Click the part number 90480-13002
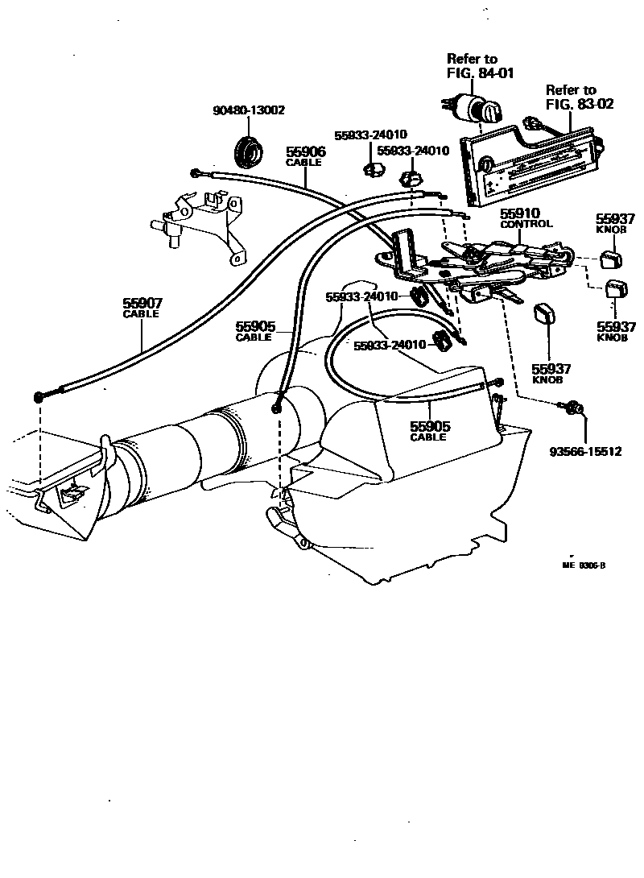[248, 110]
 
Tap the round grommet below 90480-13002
[248, 150]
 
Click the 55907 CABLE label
[142, 308]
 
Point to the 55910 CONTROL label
[526, 218]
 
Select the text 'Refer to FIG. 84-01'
[481, 65]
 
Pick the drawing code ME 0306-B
[584, 565]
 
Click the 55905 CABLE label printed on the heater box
[429, 430]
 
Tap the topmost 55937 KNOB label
[616, 223]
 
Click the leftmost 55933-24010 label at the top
[371, 135]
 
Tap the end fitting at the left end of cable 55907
[40, 397]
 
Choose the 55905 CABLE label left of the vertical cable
[255, 331]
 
